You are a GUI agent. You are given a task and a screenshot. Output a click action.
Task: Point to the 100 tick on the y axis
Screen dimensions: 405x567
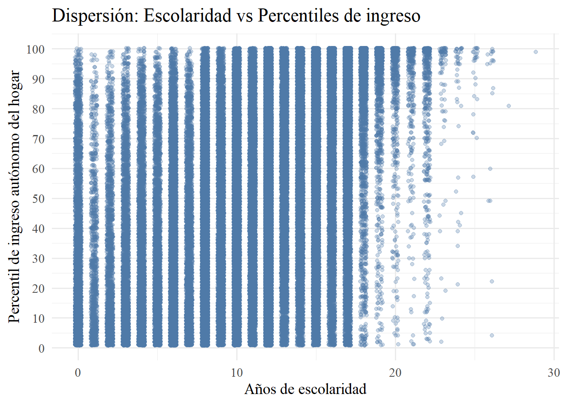tap(35, 49)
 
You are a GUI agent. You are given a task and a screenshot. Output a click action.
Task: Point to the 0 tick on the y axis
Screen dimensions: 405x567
tap(41, 348)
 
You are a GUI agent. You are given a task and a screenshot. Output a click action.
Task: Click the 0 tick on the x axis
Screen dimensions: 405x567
tap(78, 373)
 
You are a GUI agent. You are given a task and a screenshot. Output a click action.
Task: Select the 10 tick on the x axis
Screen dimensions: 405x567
tap(237, 373)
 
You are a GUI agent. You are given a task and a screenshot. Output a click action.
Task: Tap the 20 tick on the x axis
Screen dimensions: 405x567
tap(395, 373)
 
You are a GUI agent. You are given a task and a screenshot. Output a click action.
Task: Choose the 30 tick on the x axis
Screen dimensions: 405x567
tap(553, 373)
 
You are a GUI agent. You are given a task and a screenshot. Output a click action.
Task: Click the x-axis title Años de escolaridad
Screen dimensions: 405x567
tap(305, 389)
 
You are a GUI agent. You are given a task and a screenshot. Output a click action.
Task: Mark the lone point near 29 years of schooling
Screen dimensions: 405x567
tap(536, 52)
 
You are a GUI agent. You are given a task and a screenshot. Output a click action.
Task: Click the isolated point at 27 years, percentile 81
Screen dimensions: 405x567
tap(509, 106)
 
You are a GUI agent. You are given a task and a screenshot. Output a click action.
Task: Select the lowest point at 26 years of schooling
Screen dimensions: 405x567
tap(492, 335)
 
